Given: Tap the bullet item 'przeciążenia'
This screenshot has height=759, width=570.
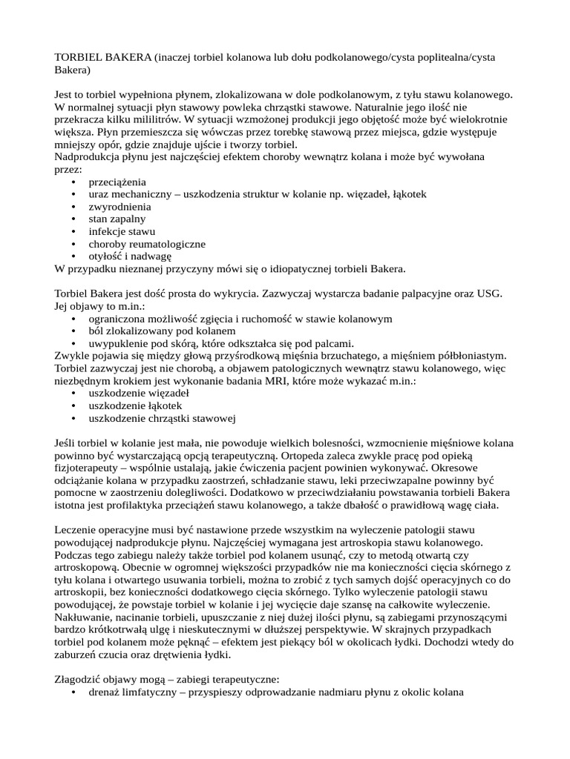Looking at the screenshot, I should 117,182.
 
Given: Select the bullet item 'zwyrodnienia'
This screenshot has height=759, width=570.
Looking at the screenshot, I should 119,207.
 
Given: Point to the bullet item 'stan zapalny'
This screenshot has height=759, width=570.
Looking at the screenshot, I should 117,219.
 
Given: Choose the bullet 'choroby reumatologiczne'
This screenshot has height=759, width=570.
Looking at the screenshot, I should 147,244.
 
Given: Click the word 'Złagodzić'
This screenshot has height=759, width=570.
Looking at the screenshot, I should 80,680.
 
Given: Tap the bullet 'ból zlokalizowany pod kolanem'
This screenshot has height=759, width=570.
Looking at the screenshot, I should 162,331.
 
